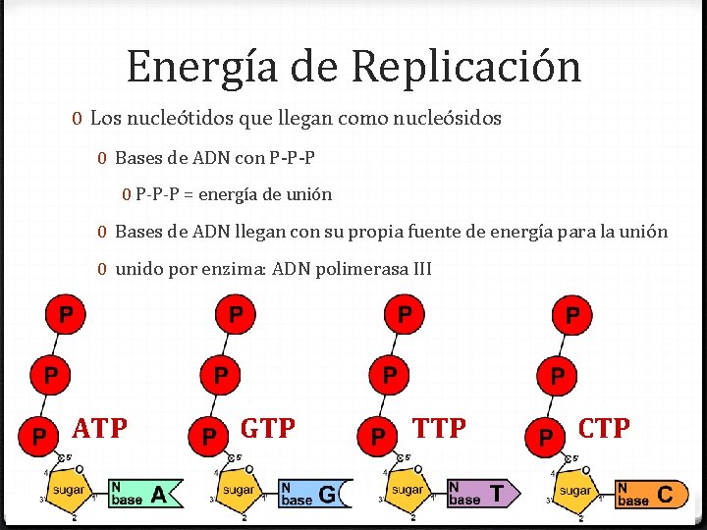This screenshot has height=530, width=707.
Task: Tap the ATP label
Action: click(x=100, y=429)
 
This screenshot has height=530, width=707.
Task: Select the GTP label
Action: click(x=268, y=429)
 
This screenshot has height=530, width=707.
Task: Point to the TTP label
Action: click(x=439, y=428)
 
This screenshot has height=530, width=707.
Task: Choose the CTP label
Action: click(x=604, y=428)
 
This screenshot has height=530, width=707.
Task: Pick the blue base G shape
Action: click(x=313, y=493)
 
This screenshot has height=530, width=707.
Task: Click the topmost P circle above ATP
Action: click(x=66, y=315)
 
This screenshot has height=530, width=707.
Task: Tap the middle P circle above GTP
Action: click(x=222, y=374)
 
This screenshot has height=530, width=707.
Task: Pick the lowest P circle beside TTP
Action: click(x=377, y=434)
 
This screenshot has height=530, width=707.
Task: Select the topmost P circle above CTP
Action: click(x=572, y=315)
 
